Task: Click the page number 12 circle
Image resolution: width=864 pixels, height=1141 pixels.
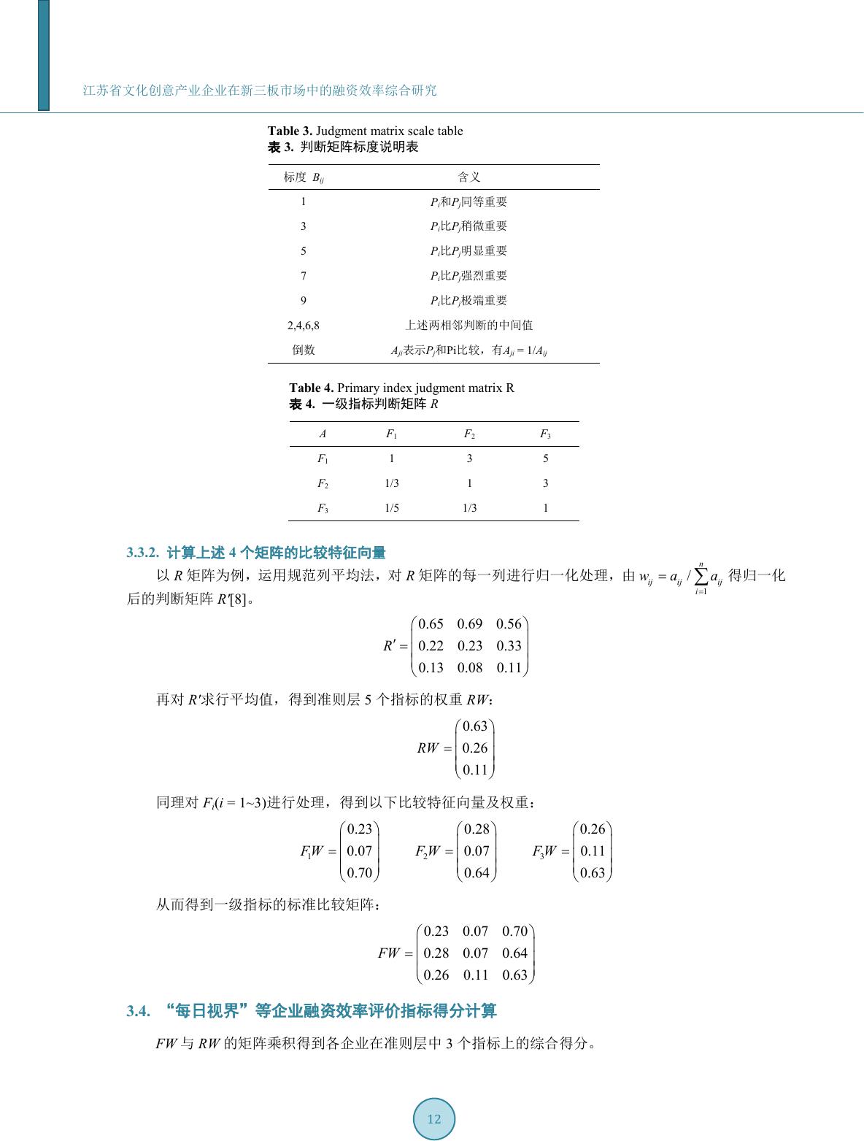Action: click(434, 1119)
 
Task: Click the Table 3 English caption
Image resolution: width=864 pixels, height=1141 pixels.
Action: click(365, 131)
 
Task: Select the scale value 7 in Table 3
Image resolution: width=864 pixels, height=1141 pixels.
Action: click(304, 276)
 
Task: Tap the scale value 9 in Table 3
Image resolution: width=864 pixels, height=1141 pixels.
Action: click(304, 301)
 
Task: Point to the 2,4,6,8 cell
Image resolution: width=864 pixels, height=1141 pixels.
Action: click(304, 326)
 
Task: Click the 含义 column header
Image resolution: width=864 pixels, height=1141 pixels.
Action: click(469, 177)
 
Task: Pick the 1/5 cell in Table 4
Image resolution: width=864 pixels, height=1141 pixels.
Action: click(392, 508)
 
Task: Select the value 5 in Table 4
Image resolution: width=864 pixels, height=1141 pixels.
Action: click(545, 458)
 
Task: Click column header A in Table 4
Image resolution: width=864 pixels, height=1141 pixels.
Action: click(323, 434)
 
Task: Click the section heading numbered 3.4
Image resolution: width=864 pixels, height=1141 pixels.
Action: click(312, 1011)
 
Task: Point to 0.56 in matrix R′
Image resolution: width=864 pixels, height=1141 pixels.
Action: click(509, 624)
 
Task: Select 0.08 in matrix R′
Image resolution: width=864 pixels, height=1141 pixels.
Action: click(470, 668)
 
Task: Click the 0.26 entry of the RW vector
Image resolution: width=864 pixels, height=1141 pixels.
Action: click(475, 748)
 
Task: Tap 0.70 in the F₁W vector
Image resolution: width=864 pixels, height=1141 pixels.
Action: click(359, 873)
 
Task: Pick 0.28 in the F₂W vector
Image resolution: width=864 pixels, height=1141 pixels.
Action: click(477, 829)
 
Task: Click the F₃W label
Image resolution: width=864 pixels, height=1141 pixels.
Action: click(544, 851)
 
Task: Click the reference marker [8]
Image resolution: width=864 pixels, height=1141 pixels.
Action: click(238, 600)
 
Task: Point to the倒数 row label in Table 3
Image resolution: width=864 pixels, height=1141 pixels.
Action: click(304, 350)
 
